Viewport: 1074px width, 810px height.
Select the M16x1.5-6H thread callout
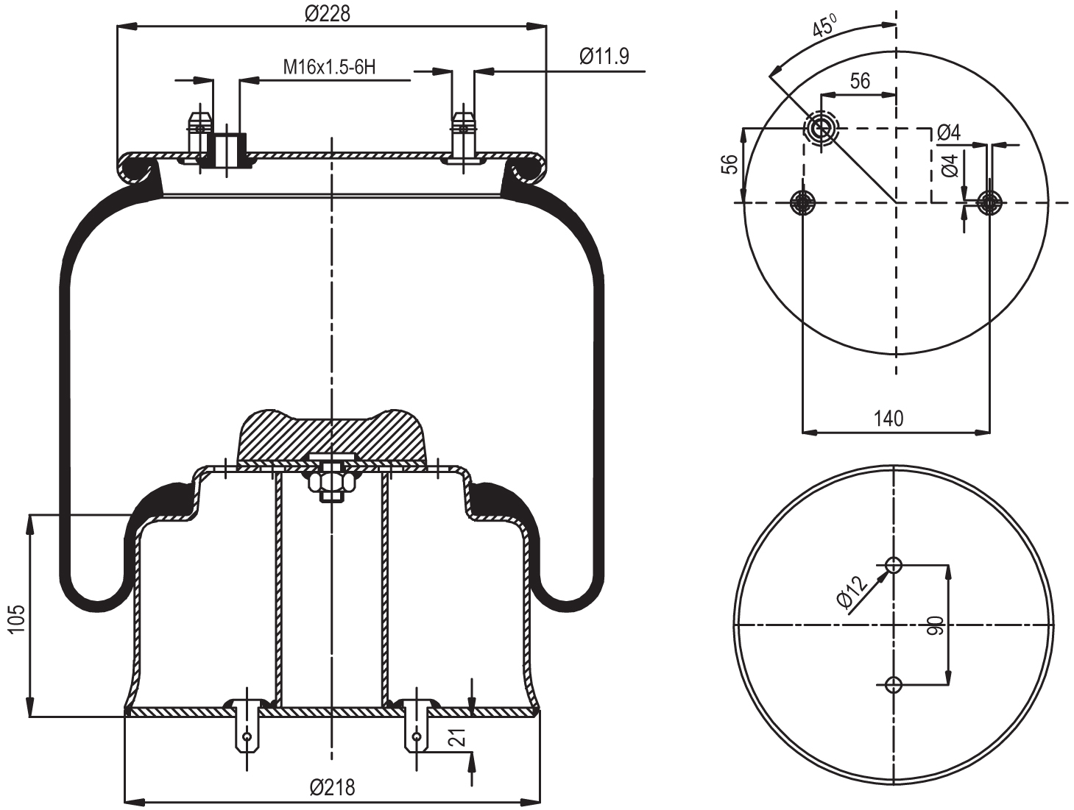329,67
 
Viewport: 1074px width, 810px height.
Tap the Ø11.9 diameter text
604,57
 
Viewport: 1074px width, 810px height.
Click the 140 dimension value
888,419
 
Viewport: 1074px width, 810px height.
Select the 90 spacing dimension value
935,626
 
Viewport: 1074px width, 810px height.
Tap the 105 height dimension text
16,619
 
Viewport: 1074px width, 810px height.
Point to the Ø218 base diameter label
332,788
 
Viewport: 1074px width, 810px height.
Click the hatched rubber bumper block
331,436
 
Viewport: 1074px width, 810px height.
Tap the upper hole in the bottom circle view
894,565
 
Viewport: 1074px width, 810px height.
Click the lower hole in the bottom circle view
894,685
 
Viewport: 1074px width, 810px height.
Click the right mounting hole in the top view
990,202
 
